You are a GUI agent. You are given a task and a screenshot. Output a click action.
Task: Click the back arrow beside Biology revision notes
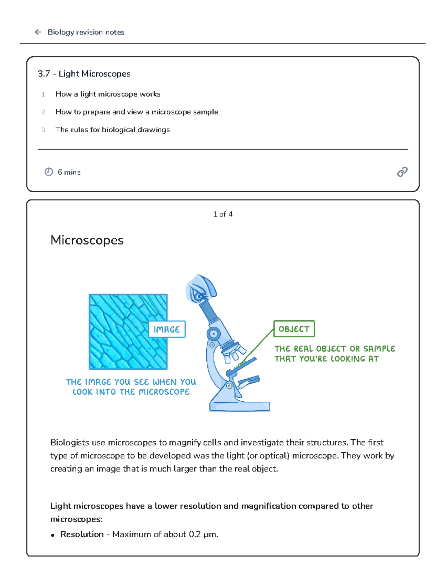click(38, 32)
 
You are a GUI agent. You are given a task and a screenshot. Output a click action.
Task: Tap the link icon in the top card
click(402, 172)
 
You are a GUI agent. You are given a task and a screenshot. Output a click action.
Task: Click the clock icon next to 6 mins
click(49, 172)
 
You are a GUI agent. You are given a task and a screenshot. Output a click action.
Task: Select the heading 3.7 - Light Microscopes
click(84, 74)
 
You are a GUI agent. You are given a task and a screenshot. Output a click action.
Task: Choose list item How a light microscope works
click(108, 94)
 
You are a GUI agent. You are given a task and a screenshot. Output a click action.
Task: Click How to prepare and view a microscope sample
click(136, 112)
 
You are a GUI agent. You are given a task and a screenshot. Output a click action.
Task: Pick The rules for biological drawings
click(112, 130)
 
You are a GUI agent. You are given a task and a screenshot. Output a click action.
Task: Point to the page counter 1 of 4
click(223, 214)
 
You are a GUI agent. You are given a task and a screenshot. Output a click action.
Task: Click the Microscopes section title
click(87, 240)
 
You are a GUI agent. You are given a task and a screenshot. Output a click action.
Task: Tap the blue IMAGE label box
click(167, 330)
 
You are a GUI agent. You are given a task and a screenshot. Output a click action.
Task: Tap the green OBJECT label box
click(294, 329)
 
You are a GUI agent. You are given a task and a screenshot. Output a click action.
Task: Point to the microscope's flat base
click(239, 406)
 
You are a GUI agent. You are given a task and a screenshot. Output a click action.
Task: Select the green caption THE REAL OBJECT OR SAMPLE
click(334, 349)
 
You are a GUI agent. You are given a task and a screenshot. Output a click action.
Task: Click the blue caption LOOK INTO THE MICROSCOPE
click(131, 392)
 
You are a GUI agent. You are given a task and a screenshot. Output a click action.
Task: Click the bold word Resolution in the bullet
click(82, 534)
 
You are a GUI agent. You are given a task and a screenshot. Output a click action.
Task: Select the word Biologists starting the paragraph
click(70, 443)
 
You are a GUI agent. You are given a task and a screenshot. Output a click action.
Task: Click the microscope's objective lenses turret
click(233, 351)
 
